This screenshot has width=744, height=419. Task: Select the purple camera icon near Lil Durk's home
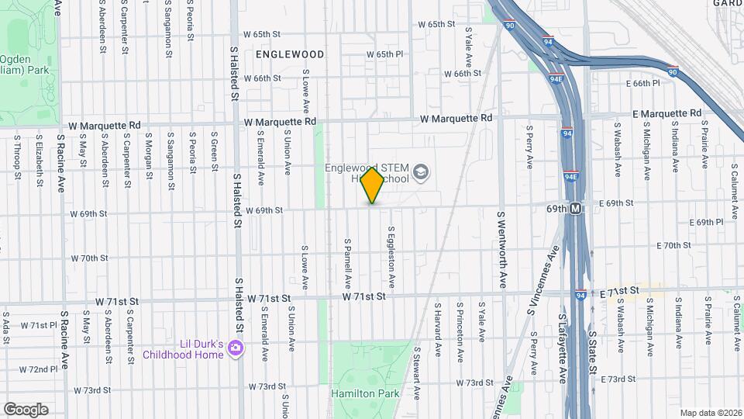pos(234,353)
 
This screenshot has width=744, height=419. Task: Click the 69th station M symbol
pos(576,209)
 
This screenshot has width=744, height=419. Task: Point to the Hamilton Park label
pos(365,393)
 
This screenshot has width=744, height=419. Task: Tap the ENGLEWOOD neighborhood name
pos(289,54)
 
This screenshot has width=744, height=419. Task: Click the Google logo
pos(26,409)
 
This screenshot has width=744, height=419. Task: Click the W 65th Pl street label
pos(390,54)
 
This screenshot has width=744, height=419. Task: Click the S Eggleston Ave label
pos(393,255)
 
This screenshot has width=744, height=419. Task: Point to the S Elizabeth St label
pos(38,158)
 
